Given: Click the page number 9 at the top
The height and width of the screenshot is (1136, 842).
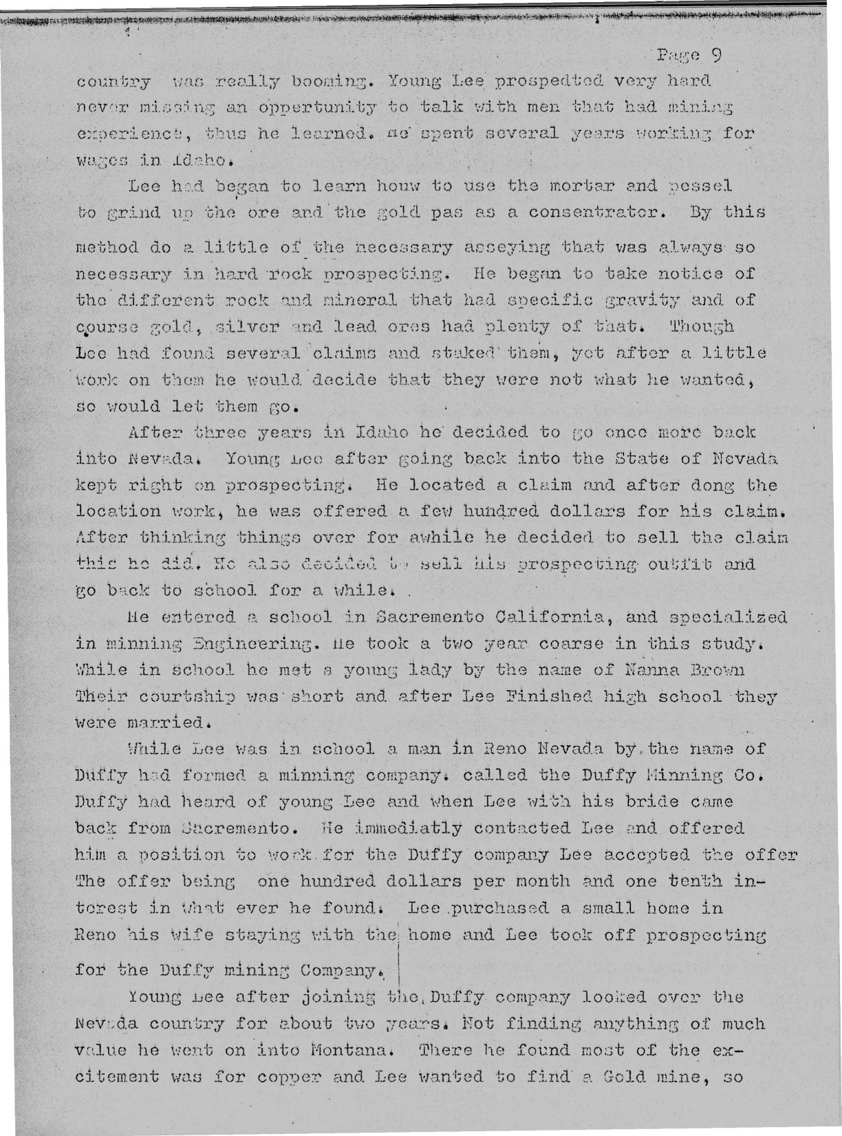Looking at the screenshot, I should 715,54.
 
